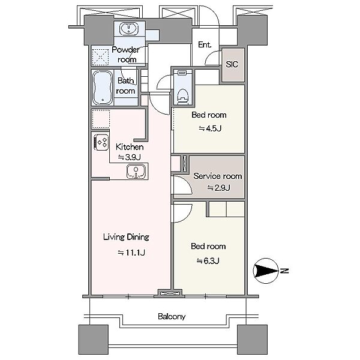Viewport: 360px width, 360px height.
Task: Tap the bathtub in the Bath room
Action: point(103,88)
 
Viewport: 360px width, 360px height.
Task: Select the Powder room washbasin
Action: point(128,29)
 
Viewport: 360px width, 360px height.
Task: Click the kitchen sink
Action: point(136,172)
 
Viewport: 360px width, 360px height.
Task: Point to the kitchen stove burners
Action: point(101,142)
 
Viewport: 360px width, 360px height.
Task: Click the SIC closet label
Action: point(232,64)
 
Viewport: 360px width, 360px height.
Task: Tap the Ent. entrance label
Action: point(205,44)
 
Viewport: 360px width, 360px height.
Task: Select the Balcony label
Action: point(172,316)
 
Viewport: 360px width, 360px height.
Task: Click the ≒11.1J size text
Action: point(131,253)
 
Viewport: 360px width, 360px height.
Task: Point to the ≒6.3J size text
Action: point(208,260)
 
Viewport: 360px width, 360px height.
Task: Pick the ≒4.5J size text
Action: point(210,128)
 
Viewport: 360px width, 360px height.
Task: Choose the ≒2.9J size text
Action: point(218,188)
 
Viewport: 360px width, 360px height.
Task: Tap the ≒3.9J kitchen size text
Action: point(129,157)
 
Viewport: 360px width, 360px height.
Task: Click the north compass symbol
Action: point(266,271)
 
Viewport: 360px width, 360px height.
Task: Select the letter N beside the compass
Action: point(284,271)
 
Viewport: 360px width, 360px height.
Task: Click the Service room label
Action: point(217,176)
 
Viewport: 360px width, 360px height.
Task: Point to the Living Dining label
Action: point(126,237)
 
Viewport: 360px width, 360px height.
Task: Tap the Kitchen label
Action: point(130,147)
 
